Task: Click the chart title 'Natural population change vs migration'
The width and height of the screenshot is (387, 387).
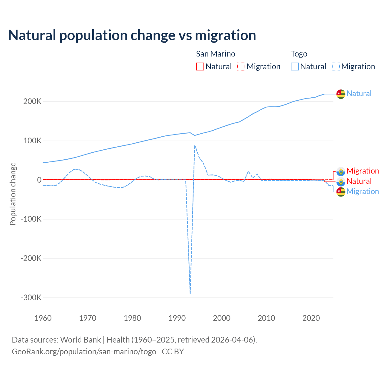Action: tap(132, 35)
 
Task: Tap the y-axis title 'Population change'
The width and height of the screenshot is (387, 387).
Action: tap(13, 194)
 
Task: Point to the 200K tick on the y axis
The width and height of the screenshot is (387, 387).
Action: tap(32, 102)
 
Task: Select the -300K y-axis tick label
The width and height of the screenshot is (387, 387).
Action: tap(31, 298)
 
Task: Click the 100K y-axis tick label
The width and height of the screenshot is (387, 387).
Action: tap(32, 141)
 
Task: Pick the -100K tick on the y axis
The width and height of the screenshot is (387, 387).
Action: tap(31, 219)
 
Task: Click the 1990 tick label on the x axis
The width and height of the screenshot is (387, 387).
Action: tap(177, 318)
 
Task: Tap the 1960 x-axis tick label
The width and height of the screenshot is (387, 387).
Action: tap(43, 318)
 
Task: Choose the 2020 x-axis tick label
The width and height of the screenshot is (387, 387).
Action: tap(311, 318)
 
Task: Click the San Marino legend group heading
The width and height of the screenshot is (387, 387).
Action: tap(216, 54)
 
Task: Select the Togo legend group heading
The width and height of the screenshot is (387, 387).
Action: tap(299, 54)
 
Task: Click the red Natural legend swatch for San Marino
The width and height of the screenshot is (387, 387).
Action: tap(200, 67)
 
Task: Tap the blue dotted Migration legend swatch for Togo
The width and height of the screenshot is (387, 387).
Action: tap(336, 67)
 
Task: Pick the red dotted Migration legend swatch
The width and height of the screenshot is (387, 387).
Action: tap(241, 67)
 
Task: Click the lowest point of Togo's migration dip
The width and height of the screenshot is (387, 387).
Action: tap(190, 293)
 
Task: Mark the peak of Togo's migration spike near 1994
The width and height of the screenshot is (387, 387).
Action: tap(195, 145)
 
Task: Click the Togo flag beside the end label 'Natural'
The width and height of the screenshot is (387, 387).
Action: tap(341, 94)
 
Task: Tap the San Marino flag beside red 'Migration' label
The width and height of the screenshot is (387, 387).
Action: tap(341, 171)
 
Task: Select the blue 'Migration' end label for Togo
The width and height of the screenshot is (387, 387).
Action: tap(363, 191)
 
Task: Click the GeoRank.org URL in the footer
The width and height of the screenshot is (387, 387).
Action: tap(84, 352)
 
